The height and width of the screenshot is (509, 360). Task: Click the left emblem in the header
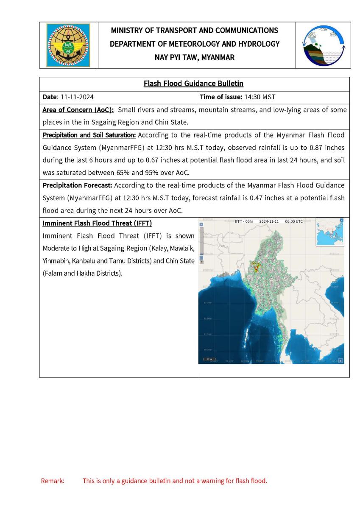[68, 45]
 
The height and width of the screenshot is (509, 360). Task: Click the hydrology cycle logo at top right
[323, 45]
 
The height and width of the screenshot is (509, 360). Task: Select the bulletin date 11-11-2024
[77, 97]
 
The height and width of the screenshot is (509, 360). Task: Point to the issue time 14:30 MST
[260, 97]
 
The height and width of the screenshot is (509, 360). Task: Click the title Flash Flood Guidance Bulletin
[193, 84]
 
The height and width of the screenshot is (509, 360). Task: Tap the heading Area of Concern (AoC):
[78, 110]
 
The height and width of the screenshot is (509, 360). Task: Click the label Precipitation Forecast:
[77, 185]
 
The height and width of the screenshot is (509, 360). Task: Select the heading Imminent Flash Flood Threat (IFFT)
[97, 223]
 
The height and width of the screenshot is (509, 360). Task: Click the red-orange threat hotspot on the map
[256, 267]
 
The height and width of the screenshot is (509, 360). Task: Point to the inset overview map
[329, 232]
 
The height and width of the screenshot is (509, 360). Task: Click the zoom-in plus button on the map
[201, 224]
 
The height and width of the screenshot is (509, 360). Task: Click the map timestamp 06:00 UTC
[294, 221]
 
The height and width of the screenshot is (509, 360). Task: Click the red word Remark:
[53, 481]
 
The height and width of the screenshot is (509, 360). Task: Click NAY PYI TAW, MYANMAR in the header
[195, 57]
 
